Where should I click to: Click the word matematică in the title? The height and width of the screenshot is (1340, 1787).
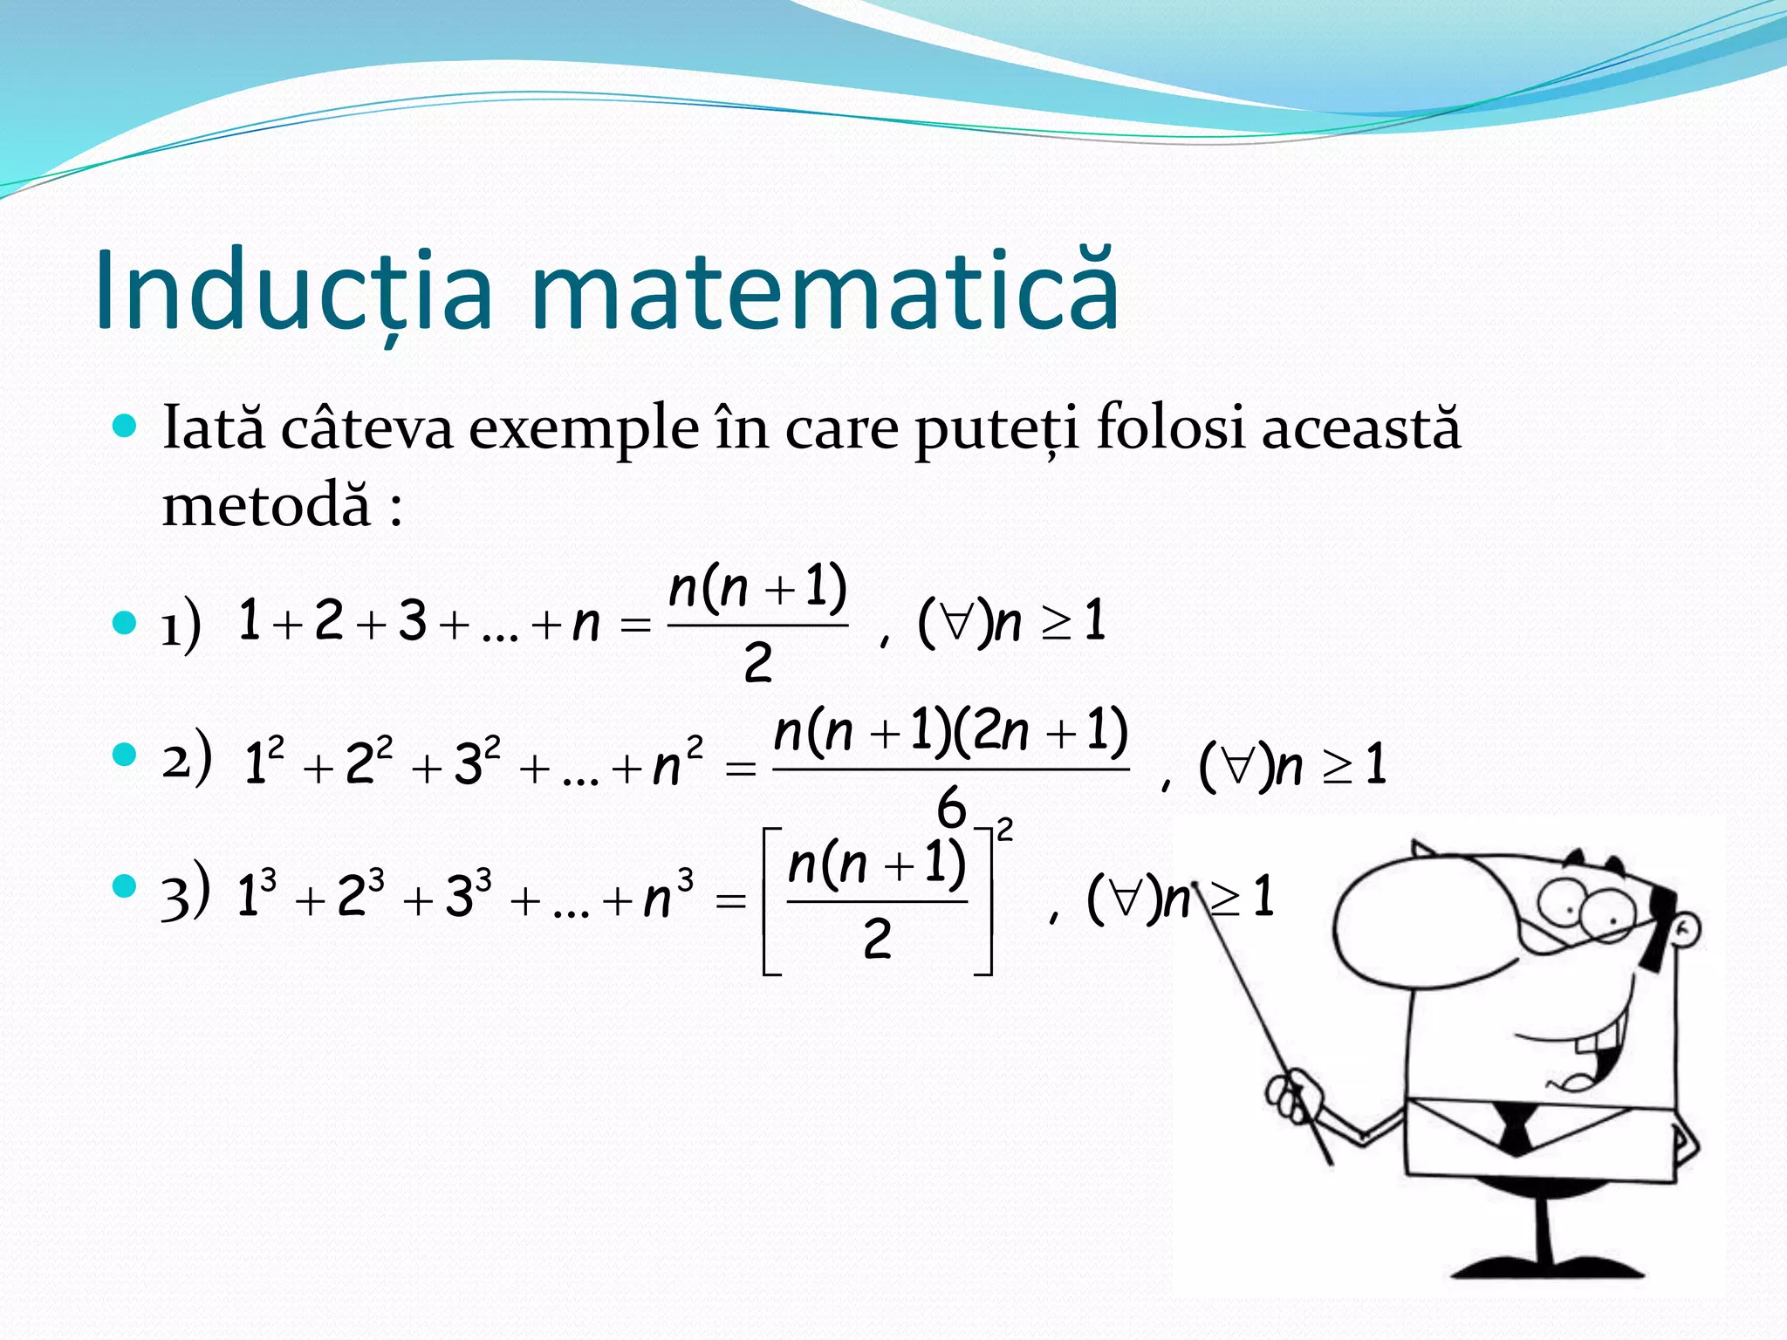(825, 291)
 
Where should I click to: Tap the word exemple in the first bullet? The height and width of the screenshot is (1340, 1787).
(584, 429)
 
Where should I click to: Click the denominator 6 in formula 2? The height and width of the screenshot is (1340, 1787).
(951, 807)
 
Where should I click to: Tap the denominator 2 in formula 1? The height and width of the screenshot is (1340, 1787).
(757, 663)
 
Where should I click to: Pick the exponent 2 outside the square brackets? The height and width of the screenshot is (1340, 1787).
(1005, 830)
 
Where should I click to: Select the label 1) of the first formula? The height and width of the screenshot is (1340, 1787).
(181, 624)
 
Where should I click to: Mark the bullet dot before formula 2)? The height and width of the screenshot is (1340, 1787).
(126, 755)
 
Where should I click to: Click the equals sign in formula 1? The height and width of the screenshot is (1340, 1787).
(634, 625)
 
